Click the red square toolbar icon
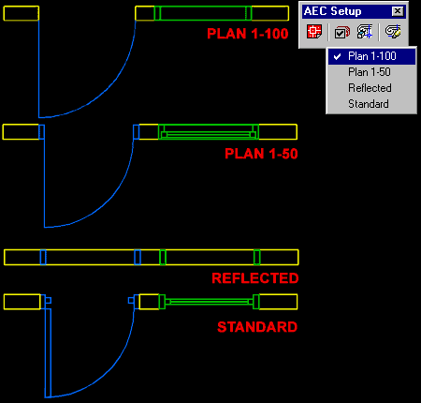pos(315,32)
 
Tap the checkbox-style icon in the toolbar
pos(341,32)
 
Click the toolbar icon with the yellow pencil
pos(394,32)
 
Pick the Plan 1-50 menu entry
pos(369,72)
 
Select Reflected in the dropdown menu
pos(370,88)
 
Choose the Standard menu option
pos(368,104)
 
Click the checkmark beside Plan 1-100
pos(337,56)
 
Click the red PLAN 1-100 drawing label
pos(248,34)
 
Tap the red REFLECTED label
pos(255,278)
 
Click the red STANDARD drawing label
pos(257,327)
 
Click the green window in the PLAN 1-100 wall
pos(203,13)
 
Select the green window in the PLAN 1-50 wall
pos(208,132)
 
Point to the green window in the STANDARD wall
pos(209,302)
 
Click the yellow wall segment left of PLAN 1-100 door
pos(21,13)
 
